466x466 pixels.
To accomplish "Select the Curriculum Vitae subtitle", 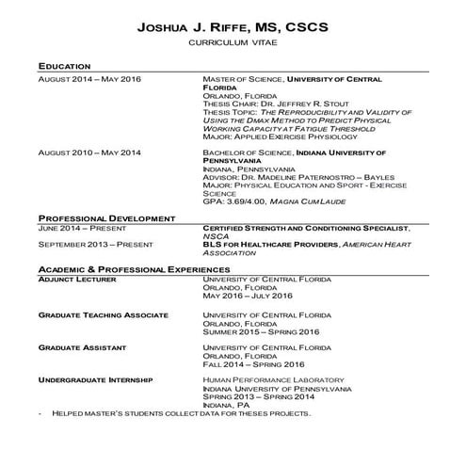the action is (233, 43).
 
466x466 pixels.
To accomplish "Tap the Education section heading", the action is (64, 67).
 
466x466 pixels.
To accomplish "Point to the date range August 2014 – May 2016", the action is (89, 79).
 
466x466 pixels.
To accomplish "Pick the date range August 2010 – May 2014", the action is (89, 153).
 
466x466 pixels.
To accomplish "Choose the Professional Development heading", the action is (106, 218).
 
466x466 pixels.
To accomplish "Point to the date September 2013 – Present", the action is (94, 245).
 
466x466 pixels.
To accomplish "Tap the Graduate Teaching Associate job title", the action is (103, 314).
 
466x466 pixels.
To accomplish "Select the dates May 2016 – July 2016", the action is (248, 296).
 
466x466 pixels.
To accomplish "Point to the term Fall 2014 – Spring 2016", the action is (253, 364).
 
